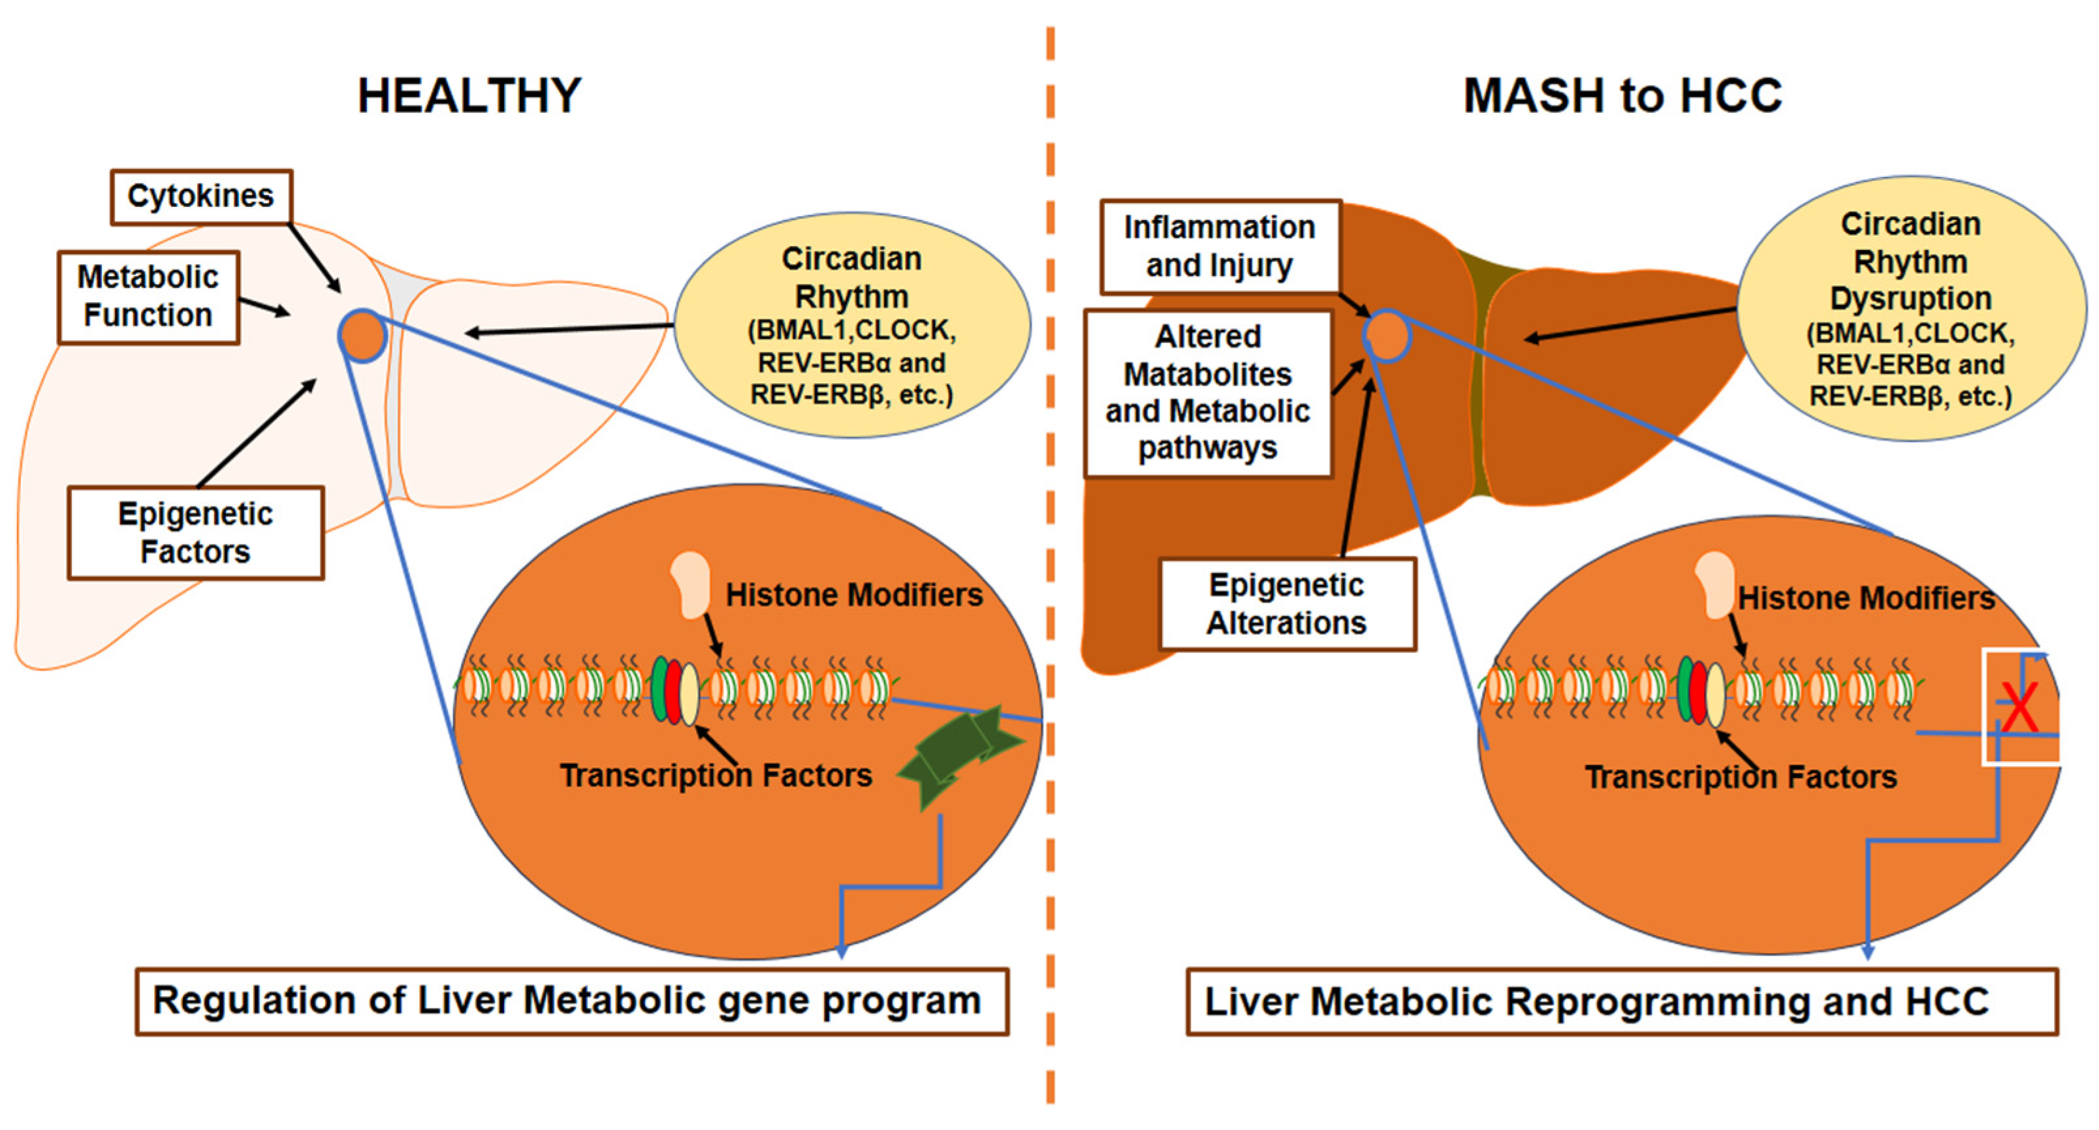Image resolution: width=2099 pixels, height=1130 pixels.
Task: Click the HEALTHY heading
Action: [469, 95]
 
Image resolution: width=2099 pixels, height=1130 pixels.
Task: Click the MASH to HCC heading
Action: [1622, 95]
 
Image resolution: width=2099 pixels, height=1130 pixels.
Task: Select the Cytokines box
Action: [200, 196]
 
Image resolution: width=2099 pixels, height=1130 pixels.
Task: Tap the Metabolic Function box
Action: [148, 296]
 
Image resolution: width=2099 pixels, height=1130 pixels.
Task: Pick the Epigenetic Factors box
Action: [196, 533]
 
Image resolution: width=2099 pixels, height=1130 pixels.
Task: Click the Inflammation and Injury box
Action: [1219, 246]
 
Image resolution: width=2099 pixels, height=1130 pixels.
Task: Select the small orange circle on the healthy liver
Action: [362, 336]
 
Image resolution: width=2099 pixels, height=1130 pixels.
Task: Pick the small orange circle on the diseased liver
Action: [1386, 336]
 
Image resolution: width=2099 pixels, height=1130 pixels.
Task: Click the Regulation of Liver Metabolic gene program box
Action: [571, 1001]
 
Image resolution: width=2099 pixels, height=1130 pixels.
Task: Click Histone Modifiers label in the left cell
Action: [854, 595]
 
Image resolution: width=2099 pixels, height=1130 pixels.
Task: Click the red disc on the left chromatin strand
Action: [673, 691]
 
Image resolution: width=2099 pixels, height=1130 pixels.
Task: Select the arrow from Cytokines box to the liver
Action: [315, 257]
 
